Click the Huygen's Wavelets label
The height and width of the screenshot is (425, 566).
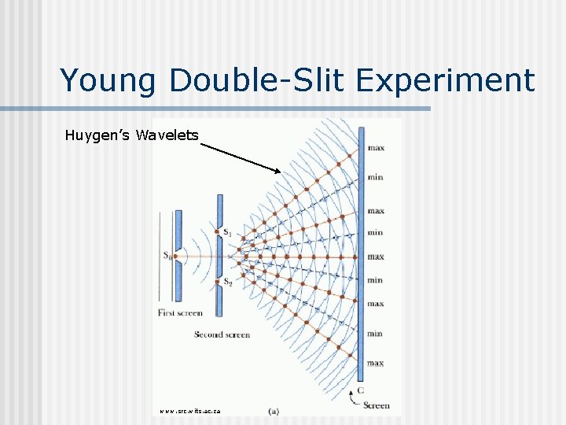coord(131,136)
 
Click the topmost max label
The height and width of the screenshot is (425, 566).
coord(376,148)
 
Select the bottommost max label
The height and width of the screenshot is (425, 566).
coord(376,363)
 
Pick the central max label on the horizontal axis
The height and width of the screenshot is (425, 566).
coord(376,257)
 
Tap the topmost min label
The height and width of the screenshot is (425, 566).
coord(376,177)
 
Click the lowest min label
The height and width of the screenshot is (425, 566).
coord(376,334)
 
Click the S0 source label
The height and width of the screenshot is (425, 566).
coord(167,255)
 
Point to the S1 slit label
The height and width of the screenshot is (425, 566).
coord(227,232)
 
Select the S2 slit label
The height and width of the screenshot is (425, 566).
coord(227,282)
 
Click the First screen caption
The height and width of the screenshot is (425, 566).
coord(180,312)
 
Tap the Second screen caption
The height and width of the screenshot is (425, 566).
coord(222,334)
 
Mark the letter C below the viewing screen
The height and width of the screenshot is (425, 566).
coord(360,390)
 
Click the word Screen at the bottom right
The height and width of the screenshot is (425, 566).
coord(376,405)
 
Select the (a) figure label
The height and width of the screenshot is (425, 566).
coord(273,410)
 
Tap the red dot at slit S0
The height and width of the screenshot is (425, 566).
coord(177,256)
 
